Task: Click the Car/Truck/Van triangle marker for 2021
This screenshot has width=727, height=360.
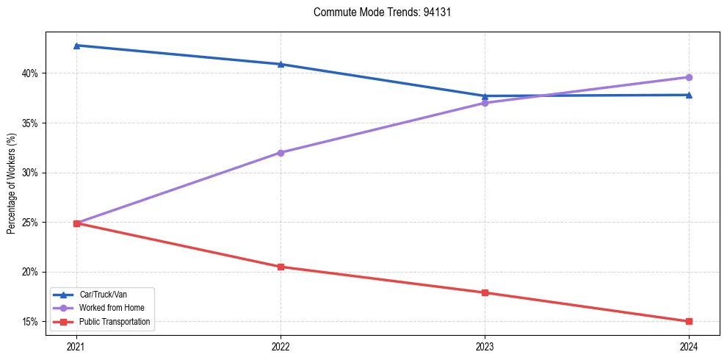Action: (76, 46)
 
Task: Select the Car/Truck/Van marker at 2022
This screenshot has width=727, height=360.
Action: (281, 64)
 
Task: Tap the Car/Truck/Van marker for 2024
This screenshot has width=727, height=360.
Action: (689, 95)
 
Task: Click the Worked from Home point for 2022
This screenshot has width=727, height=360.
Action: (281, 153)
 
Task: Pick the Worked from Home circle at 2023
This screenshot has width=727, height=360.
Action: (485, 103)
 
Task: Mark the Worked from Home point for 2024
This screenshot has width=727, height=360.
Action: (689, 77)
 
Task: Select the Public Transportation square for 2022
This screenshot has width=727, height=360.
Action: (281, 267)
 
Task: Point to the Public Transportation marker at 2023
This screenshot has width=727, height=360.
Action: (485, 292)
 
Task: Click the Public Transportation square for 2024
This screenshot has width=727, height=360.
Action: (689, 321)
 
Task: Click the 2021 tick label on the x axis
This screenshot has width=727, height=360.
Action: (76, 345)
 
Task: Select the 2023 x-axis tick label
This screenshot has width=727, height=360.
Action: (485, 345)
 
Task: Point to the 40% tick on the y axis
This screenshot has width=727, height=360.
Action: (31, 73)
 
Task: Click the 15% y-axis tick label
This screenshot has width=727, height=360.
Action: (31, 322)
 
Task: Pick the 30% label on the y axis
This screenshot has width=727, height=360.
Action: (31, 173)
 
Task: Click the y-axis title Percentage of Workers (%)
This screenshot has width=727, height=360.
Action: (11, 184)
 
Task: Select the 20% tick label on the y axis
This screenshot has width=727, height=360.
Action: (31, 272)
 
